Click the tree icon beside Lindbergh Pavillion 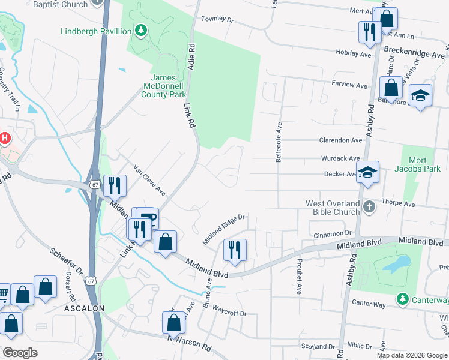141,30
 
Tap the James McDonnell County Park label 168,86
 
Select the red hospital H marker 5,139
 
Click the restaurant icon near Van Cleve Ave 114,185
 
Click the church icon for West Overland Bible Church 369,206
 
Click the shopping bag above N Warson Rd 173,323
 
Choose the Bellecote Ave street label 279,143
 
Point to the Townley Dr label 217,19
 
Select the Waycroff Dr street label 230,313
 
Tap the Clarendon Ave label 342,140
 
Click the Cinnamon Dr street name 331,232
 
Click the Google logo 20,352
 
